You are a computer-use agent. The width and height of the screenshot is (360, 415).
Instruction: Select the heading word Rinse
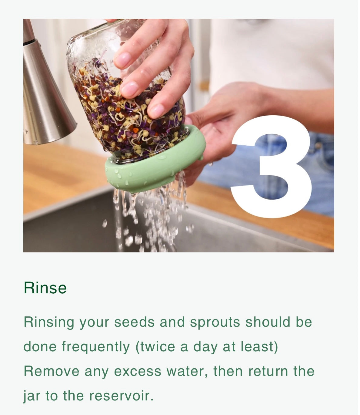pyautogui.click(x=45, y=288)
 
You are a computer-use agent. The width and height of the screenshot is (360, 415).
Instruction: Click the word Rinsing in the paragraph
pyautogui.click(x=49, y=322)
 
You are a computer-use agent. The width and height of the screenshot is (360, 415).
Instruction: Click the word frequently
pyautogui.click(x=96, y=347)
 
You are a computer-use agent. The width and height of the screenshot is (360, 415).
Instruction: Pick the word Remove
pyautogui.click(x=51, y=371)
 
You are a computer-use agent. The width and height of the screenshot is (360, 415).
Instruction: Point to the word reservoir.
pyautogui.click(x=121, y=396)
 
